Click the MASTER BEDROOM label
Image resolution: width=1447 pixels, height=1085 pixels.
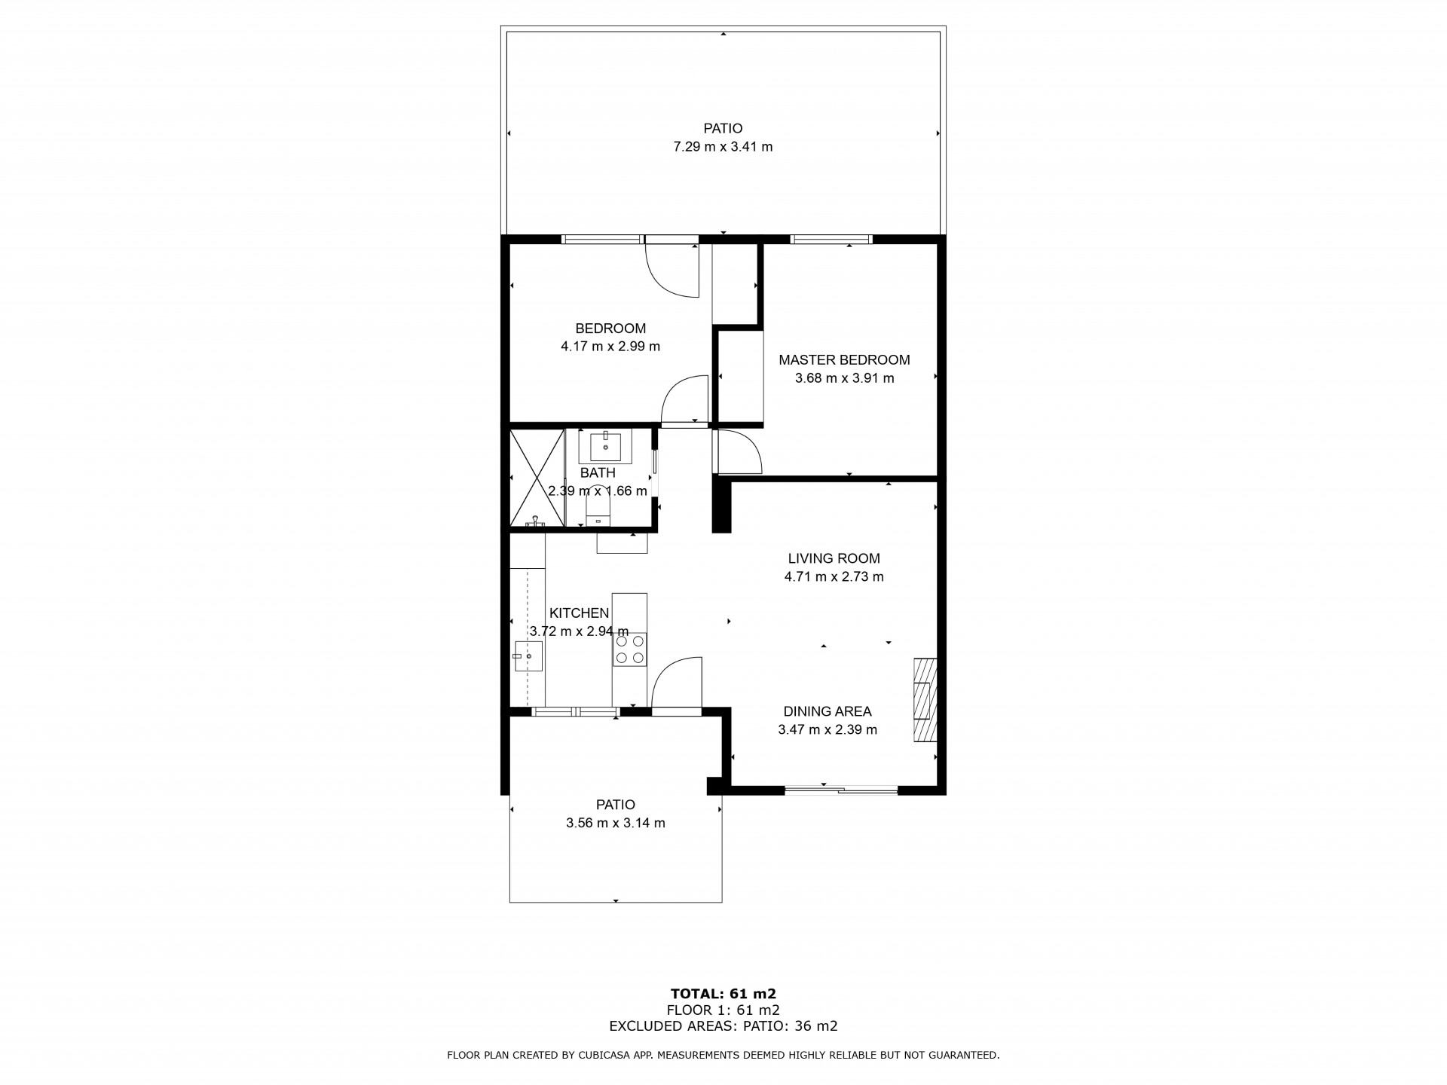coord(844,360)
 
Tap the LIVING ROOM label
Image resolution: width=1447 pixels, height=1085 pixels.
coord(834,558)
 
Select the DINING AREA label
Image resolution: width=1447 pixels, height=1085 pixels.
coord(828,711)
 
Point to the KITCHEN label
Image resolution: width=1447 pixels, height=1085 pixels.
coord(579,613)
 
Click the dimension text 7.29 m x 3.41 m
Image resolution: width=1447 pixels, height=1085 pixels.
coord(723,147)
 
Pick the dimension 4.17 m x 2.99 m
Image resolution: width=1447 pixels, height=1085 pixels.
coord(610,347)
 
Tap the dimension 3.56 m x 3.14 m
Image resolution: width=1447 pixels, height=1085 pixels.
coord(616,823)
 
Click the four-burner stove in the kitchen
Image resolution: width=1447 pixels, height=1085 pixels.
coord(629,649)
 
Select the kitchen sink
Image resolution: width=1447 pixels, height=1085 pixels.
coord(528,656)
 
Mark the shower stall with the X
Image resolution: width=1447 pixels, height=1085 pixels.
coord(537,478)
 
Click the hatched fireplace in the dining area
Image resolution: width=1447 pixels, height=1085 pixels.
coord(925,701)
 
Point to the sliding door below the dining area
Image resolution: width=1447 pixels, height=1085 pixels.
coord(842,790)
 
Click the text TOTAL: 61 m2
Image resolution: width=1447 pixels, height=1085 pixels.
coord(723,994)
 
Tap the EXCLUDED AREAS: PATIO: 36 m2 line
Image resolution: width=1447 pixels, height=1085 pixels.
coord(723,1026)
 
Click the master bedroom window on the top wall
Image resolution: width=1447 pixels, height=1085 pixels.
coord(831,240)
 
